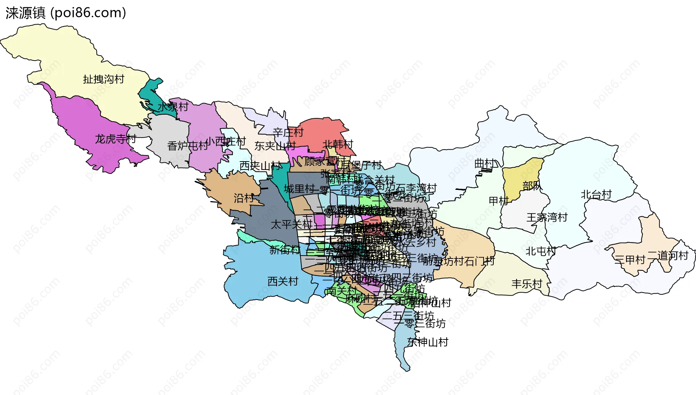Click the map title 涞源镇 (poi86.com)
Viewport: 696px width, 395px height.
[x=66, y=13]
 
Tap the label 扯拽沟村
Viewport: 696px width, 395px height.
[x=104, y=79]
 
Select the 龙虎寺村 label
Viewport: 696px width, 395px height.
[x=115, y=139]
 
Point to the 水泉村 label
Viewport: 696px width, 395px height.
[x=173, y=107]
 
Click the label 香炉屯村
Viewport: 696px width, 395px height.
[x=187, y=146]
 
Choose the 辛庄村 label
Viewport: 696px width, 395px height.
[x=288, y=133]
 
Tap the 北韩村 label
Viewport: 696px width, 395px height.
[x=337, y=144]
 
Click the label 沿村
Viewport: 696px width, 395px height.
[x=244, y=198]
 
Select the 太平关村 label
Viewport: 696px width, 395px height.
[x=291, y=224]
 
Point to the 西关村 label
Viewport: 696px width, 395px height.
[x=283, y=281]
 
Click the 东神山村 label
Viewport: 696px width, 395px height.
[x=428, y=342]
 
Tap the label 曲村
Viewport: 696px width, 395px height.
[x=485, y=164]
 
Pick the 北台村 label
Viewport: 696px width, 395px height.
[x=596, y=195]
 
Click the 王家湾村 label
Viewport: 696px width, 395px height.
[x=547, y=217]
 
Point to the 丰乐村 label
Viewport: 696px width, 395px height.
[x=527, y=284]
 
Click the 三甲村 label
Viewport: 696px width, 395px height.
[x=630, y=260]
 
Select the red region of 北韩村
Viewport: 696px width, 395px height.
[x=319, y=131]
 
